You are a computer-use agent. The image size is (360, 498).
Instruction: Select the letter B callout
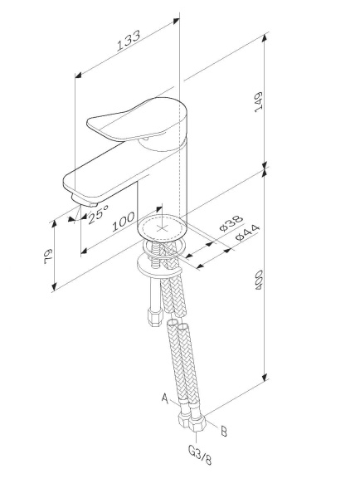[222, 429]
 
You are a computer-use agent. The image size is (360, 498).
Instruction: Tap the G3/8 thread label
[197, 456]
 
